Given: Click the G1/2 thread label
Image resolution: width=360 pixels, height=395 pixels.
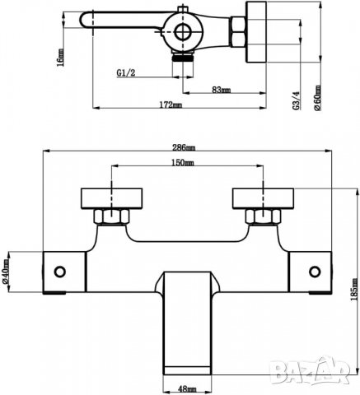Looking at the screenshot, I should (126, 72).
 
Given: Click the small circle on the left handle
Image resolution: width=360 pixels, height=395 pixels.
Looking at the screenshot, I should (61, 271).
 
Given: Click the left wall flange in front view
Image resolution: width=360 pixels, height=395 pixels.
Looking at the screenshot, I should (106, 199).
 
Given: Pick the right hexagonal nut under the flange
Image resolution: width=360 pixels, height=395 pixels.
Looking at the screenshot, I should (261, 218).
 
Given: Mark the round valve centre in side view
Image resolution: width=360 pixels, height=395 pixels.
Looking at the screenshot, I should (185, 34).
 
